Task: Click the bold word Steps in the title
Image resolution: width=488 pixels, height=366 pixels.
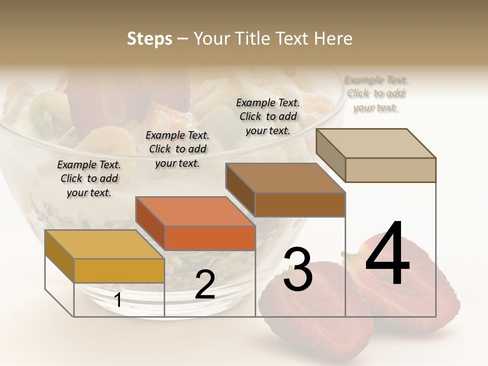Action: point(149,39)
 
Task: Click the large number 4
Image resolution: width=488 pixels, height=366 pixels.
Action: point(387,254)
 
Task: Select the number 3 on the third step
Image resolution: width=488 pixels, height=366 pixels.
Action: point(298,269)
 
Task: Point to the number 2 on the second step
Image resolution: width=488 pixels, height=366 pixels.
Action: point(205,285)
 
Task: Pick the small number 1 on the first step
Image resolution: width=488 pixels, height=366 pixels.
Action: point(118,300)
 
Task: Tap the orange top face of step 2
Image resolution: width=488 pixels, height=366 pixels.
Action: point(196,211)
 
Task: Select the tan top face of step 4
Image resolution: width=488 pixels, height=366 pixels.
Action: point(376,143)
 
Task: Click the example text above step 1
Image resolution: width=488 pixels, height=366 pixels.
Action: point(89,178)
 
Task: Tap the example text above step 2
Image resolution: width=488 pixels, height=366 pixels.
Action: point(177,149)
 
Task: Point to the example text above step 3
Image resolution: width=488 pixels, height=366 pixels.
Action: point(268,116)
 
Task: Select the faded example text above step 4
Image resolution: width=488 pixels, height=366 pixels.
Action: point(376,94)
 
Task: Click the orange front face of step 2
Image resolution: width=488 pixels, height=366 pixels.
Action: point(210,238)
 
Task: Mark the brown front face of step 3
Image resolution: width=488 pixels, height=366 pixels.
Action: point(300,205)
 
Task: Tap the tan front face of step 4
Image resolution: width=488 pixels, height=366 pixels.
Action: point(390,170)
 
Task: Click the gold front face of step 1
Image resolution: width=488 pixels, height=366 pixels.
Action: point(119,270)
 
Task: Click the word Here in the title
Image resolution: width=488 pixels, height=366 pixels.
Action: point(333,39)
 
